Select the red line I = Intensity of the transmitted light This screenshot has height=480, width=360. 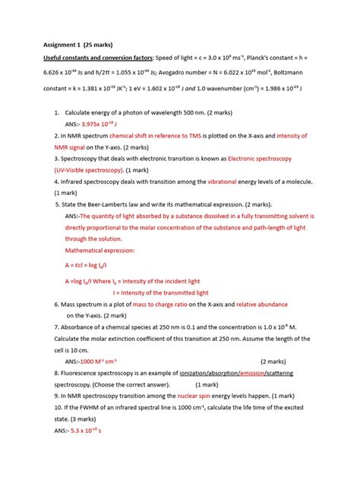point(159,292)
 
